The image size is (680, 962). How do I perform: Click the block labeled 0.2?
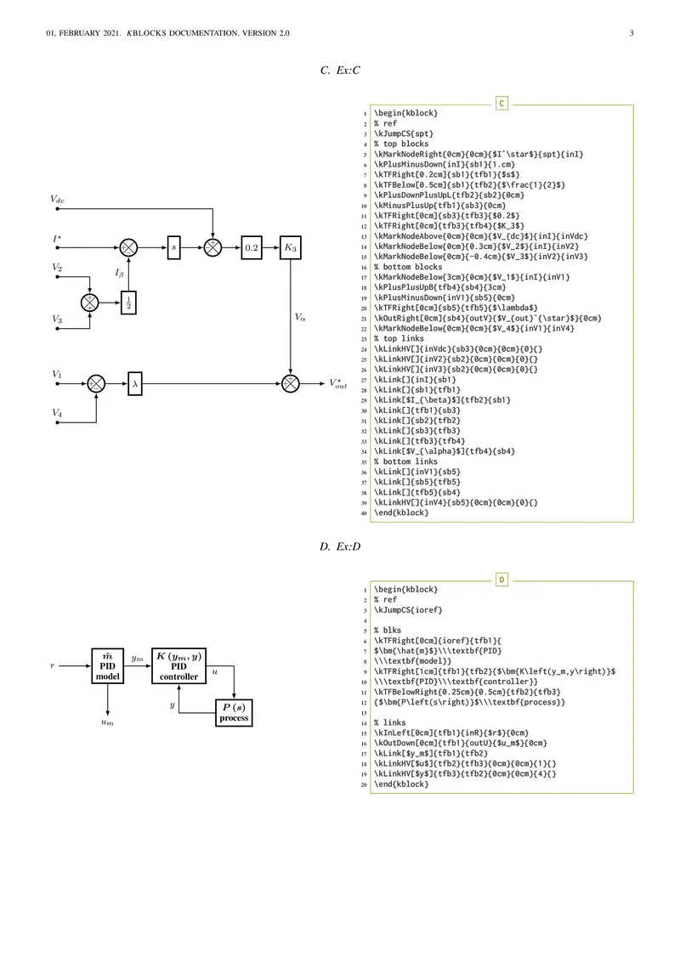pos(252,248)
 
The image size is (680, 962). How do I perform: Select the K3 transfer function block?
pos(291,248)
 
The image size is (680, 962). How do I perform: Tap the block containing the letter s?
pos(173,248)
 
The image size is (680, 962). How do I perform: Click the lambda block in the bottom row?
pos(135,383)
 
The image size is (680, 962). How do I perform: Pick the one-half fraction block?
pos(128,302)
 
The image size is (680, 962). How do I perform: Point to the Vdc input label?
pos(57,199)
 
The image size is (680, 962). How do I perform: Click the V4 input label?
pos(57,413)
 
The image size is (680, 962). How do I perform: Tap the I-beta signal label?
pos(120,273)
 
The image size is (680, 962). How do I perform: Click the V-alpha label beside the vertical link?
pos(300,316)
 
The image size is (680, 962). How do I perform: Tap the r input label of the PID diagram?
pos(53,665)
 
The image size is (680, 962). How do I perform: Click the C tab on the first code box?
pos(501,104)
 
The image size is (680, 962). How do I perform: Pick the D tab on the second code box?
pos(501,580)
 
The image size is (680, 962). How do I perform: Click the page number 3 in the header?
pos(632,33)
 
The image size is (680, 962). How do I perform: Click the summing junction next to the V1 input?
pos(96,383)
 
